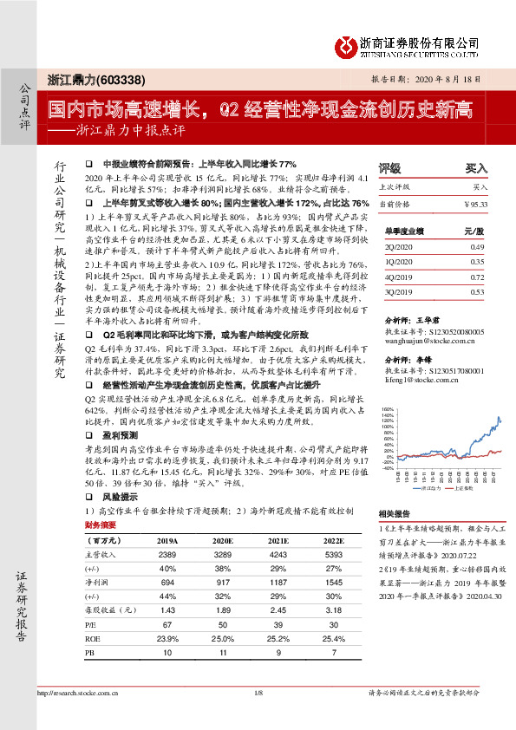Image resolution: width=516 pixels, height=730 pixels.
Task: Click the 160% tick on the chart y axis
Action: [387, 407]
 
